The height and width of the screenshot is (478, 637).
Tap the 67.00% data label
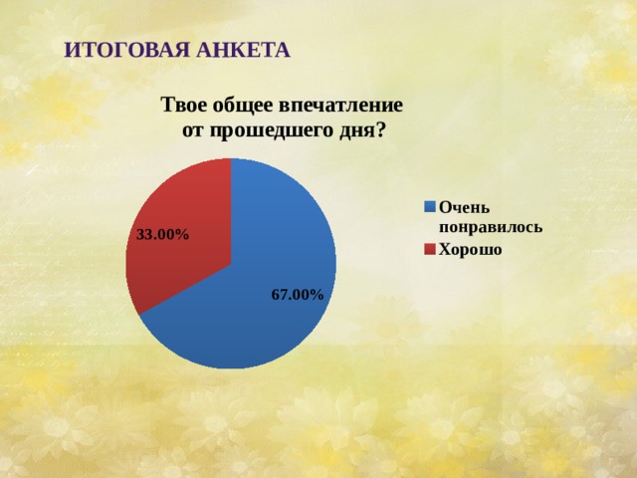(x=297, y=295)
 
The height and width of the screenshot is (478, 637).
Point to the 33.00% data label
(x=162, y=234)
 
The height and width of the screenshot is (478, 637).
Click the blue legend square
(x=430, y=207)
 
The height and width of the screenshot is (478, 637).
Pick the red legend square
(x=430, y=250)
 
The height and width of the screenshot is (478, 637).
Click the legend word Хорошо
(x=471, y=250)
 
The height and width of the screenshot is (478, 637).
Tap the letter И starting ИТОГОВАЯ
(x=70, y=50)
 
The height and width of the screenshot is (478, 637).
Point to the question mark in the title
(x=381, y=130)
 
